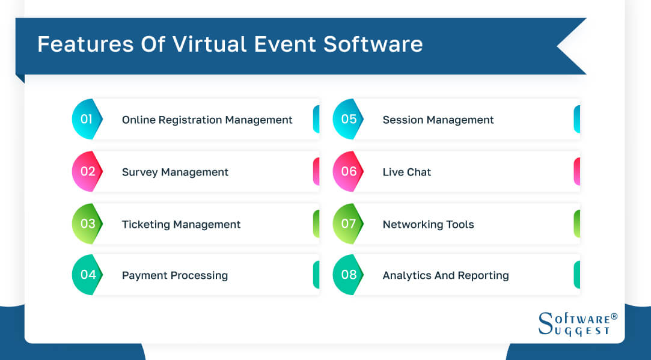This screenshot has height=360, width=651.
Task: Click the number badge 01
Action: (87, 119)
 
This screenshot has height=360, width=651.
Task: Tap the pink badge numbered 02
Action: (87, 171)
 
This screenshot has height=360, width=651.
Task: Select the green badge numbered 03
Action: (87, 224)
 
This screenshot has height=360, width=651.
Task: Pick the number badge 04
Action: (88, 275)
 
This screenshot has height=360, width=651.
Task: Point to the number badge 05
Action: (348, 119)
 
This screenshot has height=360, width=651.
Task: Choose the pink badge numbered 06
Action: (348, 171)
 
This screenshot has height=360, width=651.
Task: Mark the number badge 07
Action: (348, 224)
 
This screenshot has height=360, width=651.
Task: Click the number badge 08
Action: (348, 275)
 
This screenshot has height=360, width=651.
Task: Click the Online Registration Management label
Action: (207, 120)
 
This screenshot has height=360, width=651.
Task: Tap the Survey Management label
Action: (175, 172)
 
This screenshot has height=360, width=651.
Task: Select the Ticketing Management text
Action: (181, 224)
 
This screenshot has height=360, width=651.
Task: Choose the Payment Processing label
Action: (174, 275)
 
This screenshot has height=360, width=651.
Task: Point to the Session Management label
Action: (438, 120)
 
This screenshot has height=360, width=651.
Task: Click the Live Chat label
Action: (406, 172)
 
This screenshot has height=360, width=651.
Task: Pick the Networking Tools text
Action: (428, 224)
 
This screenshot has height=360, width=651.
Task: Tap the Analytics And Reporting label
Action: (445, 275)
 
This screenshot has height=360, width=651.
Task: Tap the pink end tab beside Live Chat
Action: (576, 171)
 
